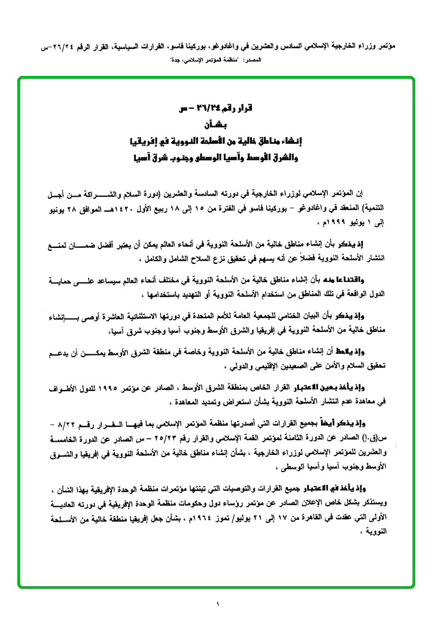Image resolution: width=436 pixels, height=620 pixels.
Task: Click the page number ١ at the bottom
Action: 219,604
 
